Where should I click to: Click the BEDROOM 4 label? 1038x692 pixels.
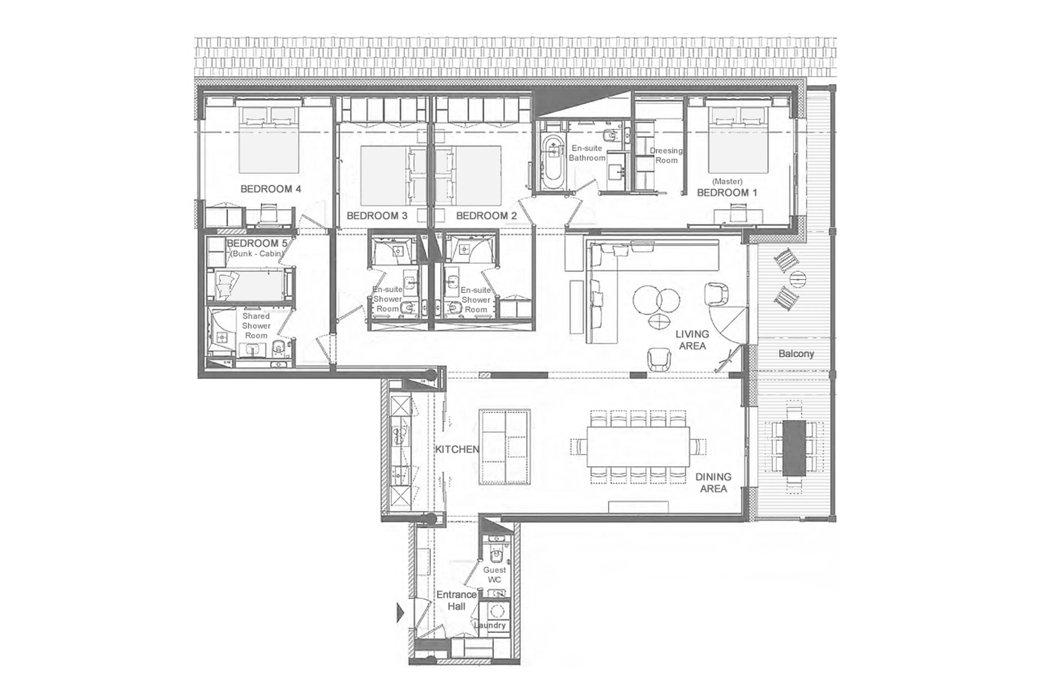(x=270, y=189)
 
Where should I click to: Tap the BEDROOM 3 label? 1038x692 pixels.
(x=377, y=216)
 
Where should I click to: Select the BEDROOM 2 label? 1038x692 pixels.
(x=486, y=216)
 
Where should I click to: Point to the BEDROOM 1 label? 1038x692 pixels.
(x=727, y=193)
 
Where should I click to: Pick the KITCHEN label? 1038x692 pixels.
(x=457, y=449)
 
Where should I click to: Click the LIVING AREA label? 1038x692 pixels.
(x=692, y=340)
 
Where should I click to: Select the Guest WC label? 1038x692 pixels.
(x=494, y=575)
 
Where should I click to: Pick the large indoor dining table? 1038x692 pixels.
(x=638, y=447)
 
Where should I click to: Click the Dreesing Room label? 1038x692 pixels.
(x=666, y=155)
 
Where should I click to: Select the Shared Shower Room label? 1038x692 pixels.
(x=256, y=326)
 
